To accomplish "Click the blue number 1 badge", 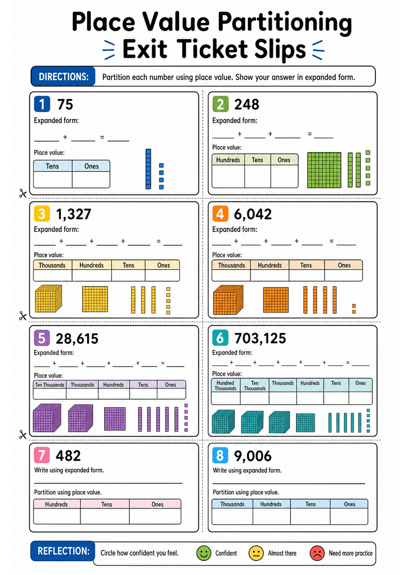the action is pyautogui.click(x=42, y=104).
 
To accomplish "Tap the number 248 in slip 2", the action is pyautogui.click(x=247, y=104).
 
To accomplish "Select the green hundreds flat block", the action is pyautogui.click(x=324, y=170).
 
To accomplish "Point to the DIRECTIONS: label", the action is pyautogui.click(x=63, y=77).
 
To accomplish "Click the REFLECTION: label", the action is pyautogui.click(x=63, y=551).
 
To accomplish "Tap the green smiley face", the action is pyautogui.click(x=204, y=553).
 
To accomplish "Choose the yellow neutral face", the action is pyautogui.click(x=256, y=553).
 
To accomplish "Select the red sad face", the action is pyautogui.click(x=317, y=553).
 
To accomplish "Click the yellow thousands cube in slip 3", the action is pyautogui.click(x=48, y=299).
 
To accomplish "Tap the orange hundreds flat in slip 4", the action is pyautogui.click(x=276, y=300).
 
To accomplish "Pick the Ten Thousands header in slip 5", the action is pyautogui.click(x=49, y=385).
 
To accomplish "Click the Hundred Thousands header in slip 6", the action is pyautogui.click(x=225, y=386).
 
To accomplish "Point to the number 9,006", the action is pyautogui.click(x=253, y=456).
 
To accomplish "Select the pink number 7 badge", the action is pyautogui.click(x=42, y=455).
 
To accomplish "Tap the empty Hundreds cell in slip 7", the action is pyautogui.click(x=57, y=516).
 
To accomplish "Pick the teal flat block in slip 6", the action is pyautogui.click(x=305, y=423).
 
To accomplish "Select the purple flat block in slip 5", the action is pyautogui.click(x=115, y=419).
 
